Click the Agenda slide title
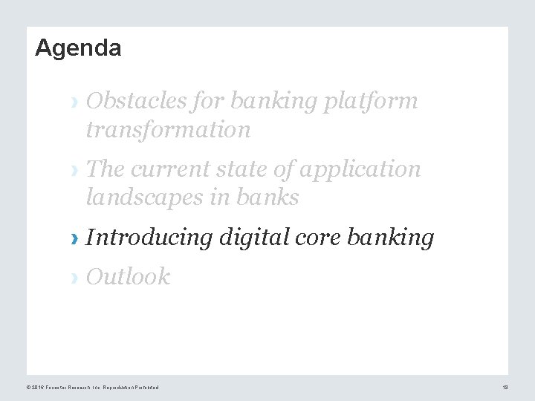[78, 48]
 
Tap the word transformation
[169, 130]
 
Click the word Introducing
[149, 238]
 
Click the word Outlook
[129, 277]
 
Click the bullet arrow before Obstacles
[73, 102]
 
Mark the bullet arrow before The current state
[73, 170]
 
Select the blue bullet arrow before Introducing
[73, 239]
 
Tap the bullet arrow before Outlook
[73, 278]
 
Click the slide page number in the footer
[504, 387]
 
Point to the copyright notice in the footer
[92, 387]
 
